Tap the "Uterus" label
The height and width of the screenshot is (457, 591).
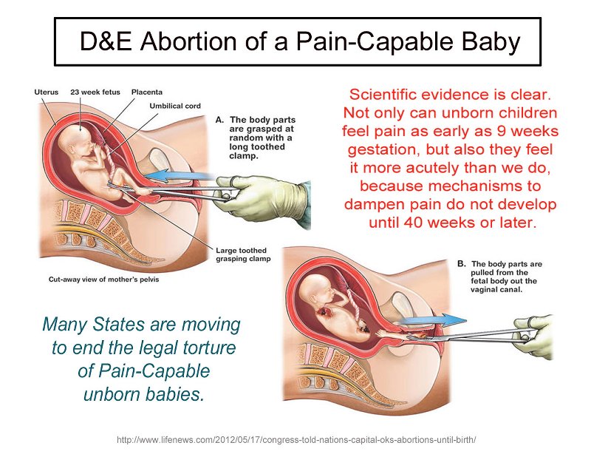(46, 92)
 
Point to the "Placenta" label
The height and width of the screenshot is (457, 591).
(146, 92)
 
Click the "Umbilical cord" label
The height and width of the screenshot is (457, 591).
(174, 106)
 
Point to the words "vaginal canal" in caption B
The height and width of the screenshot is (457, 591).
(494, 289)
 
